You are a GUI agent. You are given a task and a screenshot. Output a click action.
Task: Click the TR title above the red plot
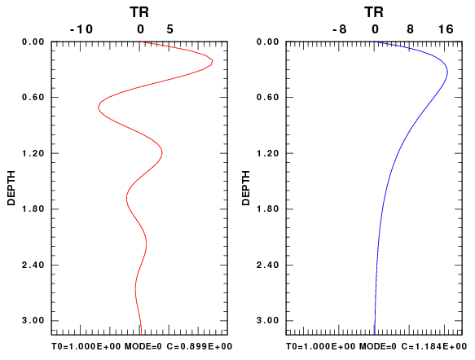(x=139, y=12)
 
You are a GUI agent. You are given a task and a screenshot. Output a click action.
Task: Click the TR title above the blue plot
(x=374, y=12)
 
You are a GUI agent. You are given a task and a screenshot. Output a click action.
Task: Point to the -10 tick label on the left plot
(x=81, y=29)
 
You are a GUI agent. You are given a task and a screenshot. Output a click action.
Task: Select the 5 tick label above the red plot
(x=169, y=29)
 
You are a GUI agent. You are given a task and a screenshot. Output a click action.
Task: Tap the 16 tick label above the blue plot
(x=446, y=29)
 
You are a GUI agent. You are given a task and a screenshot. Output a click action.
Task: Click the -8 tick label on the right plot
(x=339, y=29)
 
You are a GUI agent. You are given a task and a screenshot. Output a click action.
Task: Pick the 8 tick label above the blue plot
(x=410, y=29)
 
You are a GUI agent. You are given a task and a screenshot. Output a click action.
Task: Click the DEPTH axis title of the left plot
(x=11, y=188)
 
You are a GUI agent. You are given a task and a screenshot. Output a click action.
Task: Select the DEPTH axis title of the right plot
(x=246, y=188)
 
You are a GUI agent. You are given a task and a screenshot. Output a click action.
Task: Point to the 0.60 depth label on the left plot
(x=33, y=98)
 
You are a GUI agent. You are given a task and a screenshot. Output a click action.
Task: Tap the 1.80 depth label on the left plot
(x=33, y=209)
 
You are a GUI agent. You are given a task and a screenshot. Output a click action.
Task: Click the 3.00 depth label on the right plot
(x=267, y=320)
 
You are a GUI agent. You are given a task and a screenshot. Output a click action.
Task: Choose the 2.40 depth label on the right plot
(x=267, y=265)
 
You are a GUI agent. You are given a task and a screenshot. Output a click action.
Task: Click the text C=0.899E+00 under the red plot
(x=200, y=346)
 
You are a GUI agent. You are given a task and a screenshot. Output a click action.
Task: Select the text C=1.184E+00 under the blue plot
(x=434, y=346)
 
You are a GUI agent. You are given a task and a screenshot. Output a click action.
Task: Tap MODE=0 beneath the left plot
(x=143, y=346)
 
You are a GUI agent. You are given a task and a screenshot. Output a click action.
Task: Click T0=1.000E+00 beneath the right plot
(x=320, y=346)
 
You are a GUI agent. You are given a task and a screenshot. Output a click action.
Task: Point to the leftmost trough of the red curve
(x=98, y=107)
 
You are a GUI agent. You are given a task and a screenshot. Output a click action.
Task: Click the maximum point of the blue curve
(x=447, y=72)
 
